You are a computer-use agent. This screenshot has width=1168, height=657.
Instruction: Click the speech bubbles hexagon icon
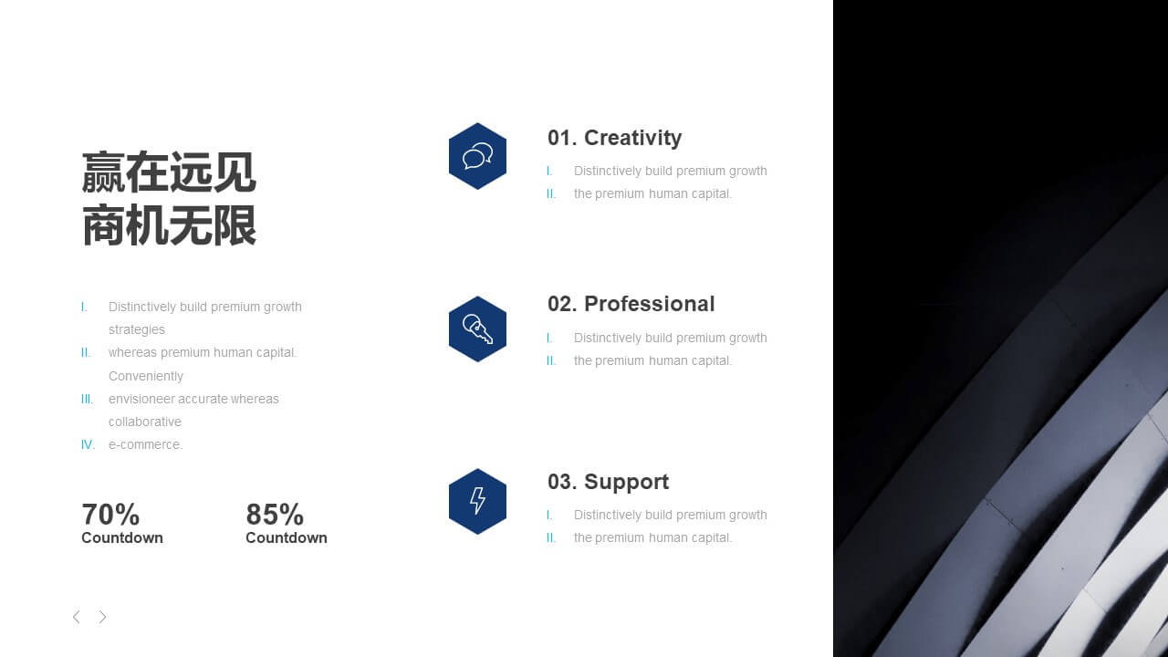pos(477,156)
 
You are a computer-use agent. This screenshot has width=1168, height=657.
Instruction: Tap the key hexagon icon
pos(477,329)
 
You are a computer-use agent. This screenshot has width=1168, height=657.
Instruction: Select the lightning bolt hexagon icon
pos(477,501)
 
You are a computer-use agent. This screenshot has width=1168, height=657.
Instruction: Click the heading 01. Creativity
pos(614,138)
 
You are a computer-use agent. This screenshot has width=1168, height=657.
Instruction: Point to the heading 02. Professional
pos(631,304)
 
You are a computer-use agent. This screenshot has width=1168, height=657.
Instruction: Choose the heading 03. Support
pos(608,482)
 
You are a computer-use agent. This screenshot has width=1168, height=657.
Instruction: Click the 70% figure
pos(110,514)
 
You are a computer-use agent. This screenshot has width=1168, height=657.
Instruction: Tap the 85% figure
pos(275,514)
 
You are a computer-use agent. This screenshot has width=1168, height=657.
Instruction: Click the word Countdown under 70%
pos(122,537)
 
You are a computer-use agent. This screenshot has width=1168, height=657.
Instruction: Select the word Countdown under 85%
pos(287,537)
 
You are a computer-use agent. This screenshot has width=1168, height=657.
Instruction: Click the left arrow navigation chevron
pos(76,617)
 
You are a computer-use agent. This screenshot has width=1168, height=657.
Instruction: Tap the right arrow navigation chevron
pos(103,617)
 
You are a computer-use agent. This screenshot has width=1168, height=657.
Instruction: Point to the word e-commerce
pos(145,444)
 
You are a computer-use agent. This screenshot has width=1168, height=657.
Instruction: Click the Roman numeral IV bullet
pos(88,444)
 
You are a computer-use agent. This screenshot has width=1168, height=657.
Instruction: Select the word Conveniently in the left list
pos(146,376)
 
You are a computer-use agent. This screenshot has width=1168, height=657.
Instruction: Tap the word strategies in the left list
pos(137,330)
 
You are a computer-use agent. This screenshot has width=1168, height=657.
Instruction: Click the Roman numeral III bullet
pos(87,400)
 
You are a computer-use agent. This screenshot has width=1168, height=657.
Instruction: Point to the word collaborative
pos(145,422)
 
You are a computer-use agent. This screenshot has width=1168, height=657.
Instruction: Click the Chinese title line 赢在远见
pos(169,172)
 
